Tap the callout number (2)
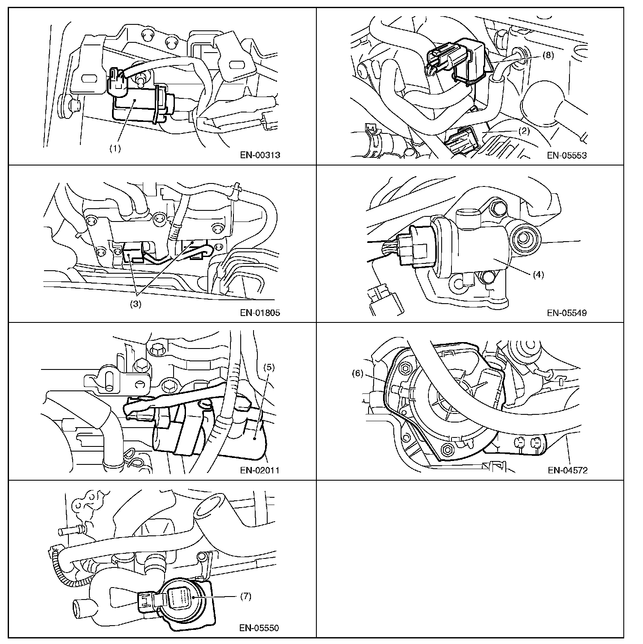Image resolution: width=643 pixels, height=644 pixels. coord(524,131)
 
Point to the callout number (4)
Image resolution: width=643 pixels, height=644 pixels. coord(538,275)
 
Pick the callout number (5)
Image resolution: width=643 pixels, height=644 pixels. coord(269,367)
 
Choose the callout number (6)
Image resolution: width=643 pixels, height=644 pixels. coord(357,373)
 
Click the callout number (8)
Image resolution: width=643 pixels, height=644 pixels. coord(548,55)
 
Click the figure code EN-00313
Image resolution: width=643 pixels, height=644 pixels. coord(260,155)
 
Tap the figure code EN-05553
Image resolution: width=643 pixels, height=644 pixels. coord(567,155)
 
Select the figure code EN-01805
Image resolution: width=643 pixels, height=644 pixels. coord(260,313)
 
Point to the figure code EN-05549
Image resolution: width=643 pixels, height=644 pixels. coord(567,313)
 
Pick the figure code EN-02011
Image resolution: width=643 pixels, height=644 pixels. coord(260,470)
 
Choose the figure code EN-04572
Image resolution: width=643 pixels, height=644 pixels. coord(568,470)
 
